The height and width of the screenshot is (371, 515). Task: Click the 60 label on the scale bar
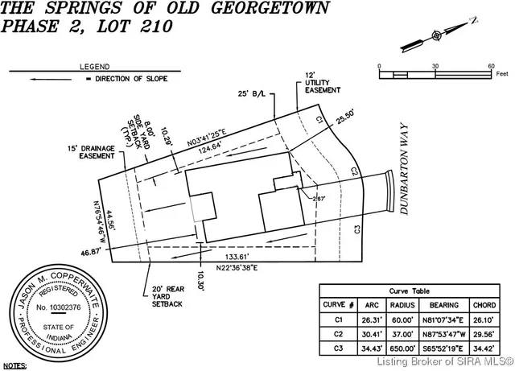[490, 64]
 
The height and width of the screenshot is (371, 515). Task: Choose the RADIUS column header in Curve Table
[405, 306]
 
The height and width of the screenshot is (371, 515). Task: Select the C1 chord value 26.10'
[485, 319]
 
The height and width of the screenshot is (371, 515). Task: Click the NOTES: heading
[15, 365]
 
